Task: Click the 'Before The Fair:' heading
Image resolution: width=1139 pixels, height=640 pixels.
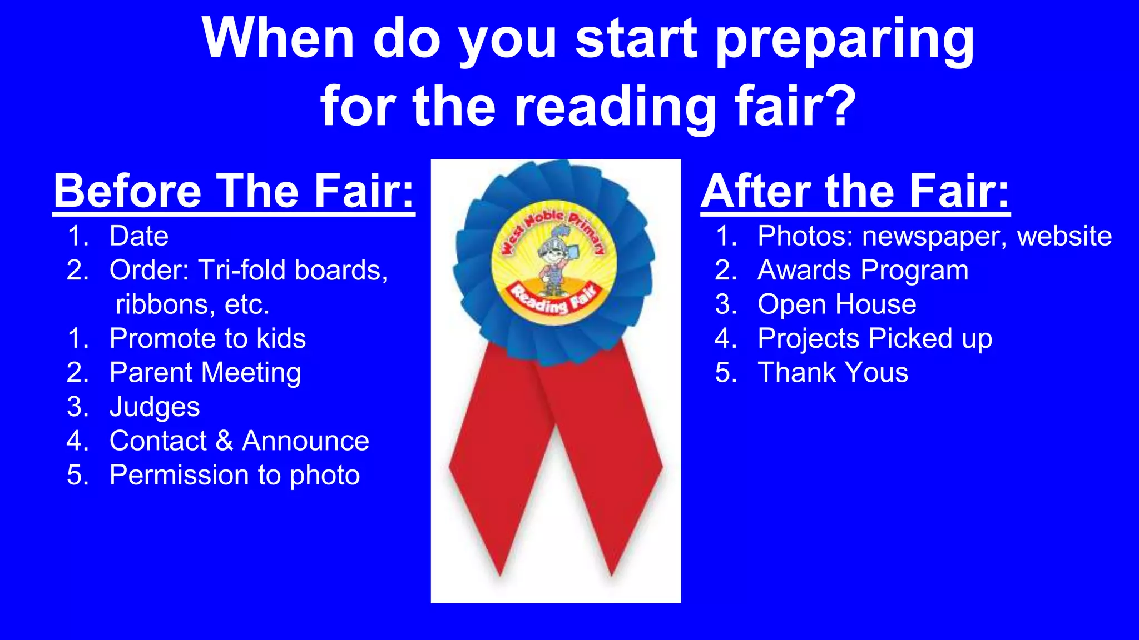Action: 234,191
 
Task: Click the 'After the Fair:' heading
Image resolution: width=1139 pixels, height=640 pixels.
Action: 855,191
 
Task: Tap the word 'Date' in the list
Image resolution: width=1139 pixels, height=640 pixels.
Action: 139,236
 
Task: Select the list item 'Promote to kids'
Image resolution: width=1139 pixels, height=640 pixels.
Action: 207,338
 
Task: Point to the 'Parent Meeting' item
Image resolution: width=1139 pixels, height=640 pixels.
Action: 205,373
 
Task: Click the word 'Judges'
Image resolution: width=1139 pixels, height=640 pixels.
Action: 155,407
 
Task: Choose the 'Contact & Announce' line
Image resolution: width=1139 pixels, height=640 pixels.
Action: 239,441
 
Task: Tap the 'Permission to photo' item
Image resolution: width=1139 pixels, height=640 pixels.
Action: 235,476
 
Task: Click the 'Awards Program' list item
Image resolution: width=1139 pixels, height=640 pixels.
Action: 863,271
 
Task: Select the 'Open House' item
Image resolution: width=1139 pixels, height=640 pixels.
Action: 836,304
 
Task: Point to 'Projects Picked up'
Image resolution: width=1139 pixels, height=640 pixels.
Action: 874,339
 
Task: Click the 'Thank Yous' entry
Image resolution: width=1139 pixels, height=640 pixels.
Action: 833,373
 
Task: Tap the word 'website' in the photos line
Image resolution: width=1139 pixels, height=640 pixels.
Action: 1064,236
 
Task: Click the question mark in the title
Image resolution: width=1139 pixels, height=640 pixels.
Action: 838,106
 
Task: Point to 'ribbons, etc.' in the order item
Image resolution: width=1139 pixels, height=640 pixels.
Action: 192,305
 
